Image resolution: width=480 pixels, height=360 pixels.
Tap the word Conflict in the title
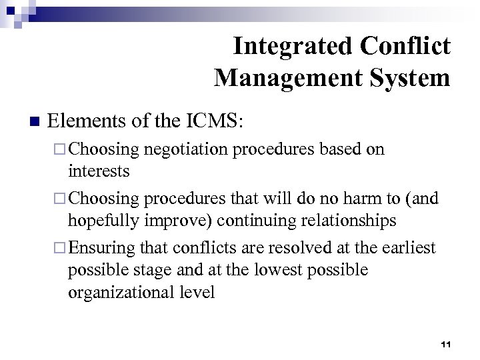(x=407, y=47)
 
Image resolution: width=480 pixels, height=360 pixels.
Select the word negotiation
(x=185, y=149)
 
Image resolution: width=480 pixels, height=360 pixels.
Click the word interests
(x=99, y=171)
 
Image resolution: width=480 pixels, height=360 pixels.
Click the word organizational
(x=117, y=293)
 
